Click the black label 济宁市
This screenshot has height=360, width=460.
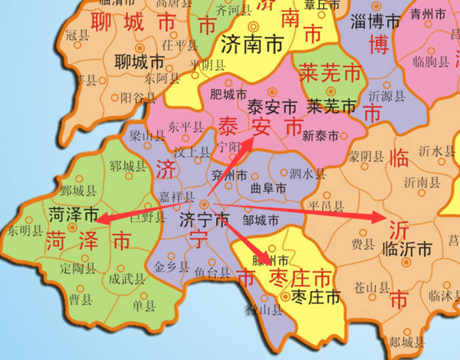pos(203,220)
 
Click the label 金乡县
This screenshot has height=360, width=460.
pos(169,267)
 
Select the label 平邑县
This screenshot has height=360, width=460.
pos(324,205)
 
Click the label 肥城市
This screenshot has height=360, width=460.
pos(228,95)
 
